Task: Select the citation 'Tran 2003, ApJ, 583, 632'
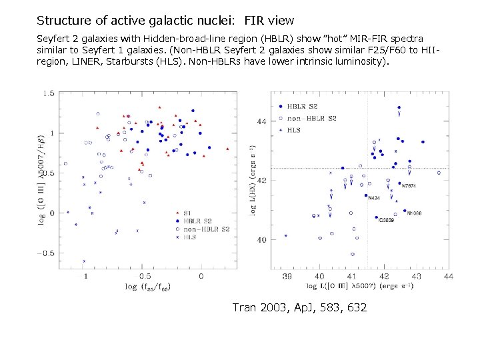point(299,307)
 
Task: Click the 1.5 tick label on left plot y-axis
point(49,94)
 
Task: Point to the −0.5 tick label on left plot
point(47,253)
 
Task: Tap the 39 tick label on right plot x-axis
point(287,276)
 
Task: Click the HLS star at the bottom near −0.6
point(84,261)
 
